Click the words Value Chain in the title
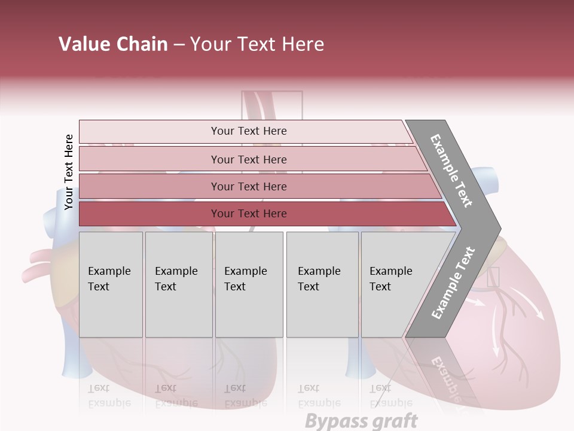pos(113,44)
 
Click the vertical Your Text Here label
pos(69,172)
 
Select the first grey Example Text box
pos(111,284)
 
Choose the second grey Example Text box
pos(179,284)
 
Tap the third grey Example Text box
pos(249,284)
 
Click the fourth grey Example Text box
pos(322,284)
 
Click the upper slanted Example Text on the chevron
pos(452,171)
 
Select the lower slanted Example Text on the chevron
pos(453,283)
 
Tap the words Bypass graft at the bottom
pos(361,421)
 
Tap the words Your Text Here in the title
pos(257,44)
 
